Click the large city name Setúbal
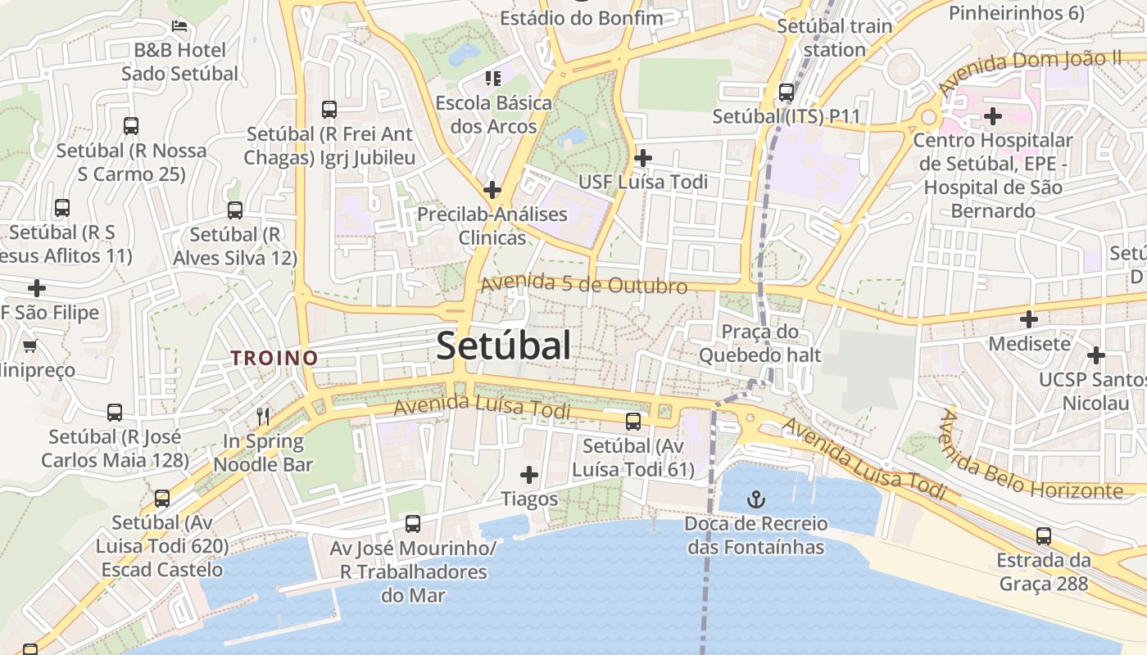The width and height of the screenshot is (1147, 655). point(503,346)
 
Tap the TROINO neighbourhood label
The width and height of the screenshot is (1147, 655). point(274,358)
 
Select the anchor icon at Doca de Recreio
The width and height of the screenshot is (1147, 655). point(755,499)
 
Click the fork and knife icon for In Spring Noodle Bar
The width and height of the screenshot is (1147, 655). point(263,416)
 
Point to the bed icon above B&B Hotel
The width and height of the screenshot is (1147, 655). point(179,25)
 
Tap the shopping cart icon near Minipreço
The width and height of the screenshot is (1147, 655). point(30,346)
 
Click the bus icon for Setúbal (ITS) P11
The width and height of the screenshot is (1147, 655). point(787,93)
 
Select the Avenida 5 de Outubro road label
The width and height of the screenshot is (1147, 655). point(583,284)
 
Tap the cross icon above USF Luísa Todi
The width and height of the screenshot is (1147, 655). point(643,157)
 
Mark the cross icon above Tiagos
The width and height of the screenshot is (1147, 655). point(529,474)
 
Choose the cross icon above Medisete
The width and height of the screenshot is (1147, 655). point(1029,318)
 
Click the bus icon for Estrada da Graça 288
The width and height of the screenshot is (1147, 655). point(1043,536)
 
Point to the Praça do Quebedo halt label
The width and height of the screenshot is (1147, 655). point(759,344)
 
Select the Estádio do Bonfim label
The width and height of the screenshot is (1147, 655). point(581,16)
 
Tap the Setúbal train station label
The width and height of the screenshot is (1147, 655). point(834,38)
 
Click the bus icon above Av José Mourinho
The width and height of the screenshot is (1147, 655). point(413,523)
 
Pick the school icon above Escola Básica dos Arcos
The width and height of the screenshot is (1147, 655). point(492,79)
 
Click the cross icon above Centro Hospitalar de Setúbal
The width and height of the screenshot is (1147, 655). point(993,116)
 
